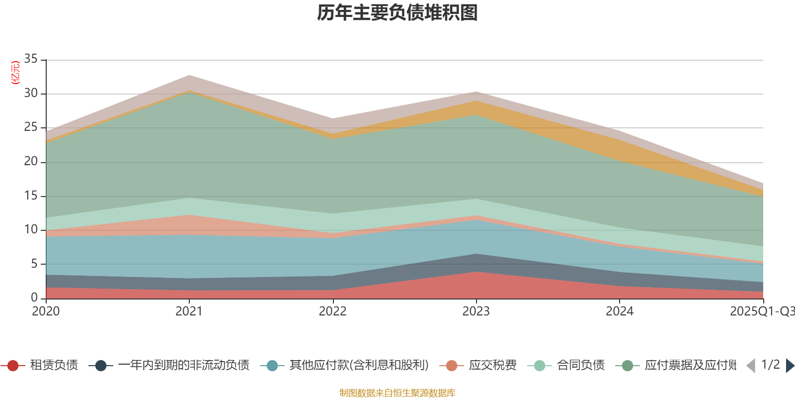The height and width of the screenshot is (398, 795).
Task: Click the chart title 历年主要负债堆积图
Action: [x=397, y=13]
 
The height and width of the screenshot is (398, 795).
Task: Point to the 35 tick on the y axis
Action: [x=31, y=59]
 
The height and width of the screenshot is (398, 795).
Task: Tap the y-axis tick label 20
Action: [x=31, y=161]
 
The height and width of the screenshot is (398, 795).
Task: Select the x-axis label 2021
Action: [x=189, y=311]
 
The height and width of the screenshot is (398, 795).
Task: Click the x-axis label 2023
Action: [x=476, y=311]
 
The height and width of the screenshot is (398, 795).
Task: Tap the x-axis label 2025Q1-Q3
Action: [x=762, y=311]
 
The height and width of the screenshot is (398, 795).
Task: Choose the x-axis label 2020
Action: [x=46, y=311]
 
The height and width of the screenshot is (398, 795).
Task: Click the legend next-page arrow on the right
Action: [x=790, y=366]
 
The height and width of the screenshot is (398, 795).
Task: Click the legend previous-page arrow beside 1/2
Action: [x=751, y=366]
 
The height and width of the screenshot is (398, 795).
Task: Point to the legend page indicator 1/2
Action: [x=770, y=365]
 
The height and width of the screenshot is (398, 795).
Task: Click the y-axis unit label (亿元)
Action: [x=15, y=73]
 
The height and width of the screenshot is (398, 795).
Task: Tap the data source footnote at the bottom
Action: [x=397, y=393]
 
